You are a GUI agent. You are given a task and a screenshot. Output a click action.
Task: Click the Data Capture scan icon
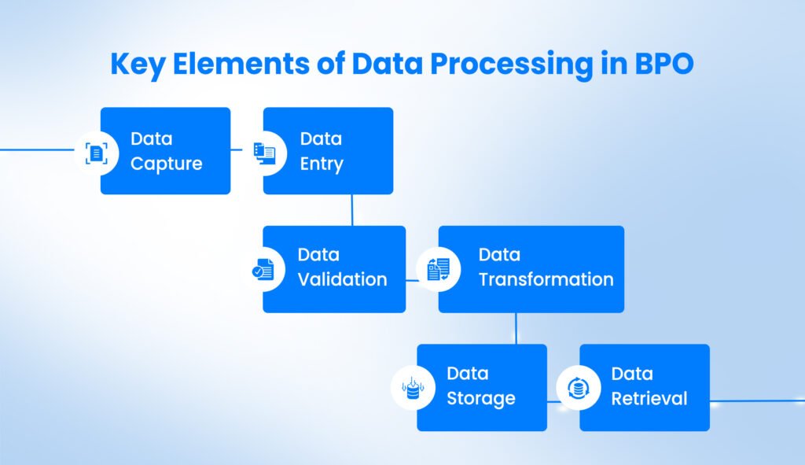coord(96,153)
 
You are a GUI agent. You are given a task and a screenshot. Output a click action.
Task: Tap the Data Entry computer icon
coord(265,153)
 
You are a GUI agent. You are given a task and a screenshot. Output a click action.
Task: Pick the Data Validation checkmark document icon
coord(263,270)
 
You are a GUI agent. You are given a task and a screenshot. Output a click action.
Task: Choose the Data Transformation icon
coord(438,270)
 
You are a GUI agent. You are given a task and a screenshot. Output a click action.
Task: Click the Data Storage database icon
coord(413,388)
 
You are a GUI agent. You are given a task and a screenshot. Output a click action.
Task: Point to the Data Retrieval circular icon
coord(579,388)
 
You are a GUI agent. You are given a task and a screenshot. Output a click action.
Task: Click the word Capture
coord(166,164)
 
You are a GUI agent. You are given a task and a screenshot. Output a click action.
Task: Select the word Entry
coord(322,164)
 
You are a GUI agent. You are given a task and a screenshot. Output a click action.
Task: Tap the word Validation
coord(342,279)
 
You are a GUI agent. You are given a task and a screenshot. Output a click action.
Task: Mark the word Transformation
coord(546,279)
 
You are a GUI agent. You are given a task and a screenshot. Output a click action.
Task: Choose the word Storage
coord(480,398)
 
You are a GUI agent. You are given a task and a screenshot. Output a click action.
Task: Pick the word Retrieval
coord(649,398)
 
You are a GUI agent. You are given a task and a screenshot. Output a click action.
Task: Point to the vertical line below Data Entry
coord(352,209)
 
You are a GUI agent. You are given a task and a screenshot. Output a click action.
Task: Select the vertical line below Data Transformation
coord(516,327)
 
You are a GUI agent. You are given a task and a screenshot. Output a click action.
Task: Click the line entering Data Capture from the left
coord(36,149)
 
